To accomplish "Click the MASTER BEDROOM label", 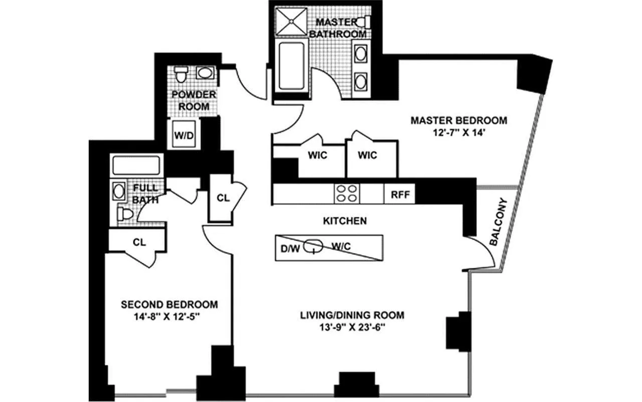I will point(458,121).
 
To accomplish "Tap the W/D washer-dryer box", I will point(181,135).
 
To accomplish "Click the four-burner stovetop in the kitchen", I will point(347,193).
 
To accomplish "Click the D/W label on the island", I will point(290,247).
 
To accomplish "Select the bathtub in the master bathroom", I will point(291,64).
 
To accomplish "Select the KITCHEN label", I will point(344,221).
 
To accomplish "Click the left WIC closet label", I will point(317,155).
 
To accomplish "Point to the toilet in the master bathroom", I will point(365,22).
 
